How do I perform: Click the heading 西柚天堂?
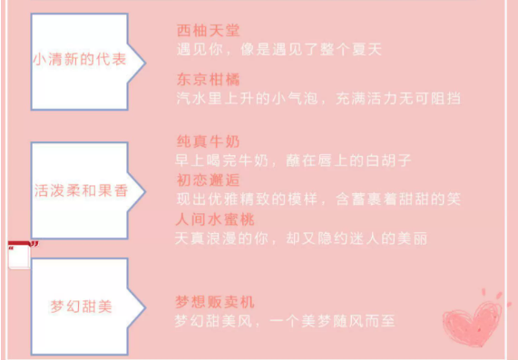pyautogui.click(x=208, y=31)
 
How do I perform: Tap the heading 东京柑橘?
pyautogui.click(x=208, y=79)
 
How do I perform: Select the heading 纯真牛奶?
pyautogui.click(x=208, y=141)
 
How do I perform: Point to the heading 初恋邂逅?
pyautogui.click(x=208, y=180)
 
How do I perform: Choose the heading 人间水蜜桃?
pyautogui.click(x=215, y=219)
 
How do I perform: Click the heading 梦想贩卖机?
pyautogui.click(x=215, y=302)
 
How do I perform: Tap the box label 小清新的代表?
pyautogui.click(x=80, y=60)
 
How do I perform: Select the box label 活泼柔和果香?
pyautogui.click(x=81, y=190)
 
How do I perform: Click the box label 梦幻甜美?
pyautogui.click(x=81, y=306)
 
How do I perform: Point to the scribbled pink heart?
pyautogui.click(x=473, y=322)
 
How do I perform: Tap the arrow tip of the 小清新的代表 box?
pyautogui.click(x=145, y=62)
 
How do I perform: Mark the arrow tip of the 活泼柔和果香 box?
pyautogui.click(x=145, y=191)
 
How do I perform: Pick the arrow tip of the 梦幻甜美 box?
pyautogui.click(x=145, y=307)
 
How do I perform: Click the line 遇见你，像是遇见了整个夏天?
pyautogui.click(x=279, y=50)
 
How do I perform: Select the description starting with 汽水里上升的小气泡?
pyautogui.click(x=318, y=99)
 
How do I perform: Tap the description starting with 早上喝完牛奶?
pyautogui.click(x=293, y=161)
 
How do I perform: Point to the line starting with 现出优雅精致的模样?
pyautogui.click(x=318, y=199)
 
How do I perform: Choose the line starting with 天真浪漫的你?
pyautogui.click(x=301, y=238)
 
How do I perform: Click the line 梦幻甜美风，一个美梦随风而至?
pyautogui.click(x=285, y=321)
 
